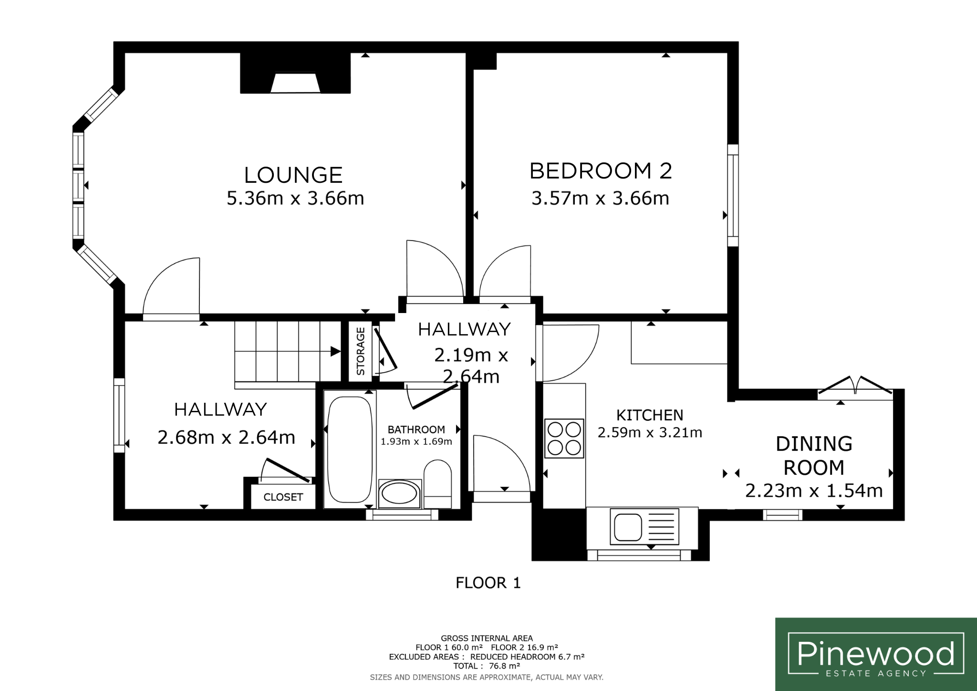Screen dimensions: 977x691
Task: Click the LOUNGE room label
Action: click(x=293, y=175)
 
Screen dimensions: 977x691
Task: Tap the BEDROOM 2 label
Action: click(x=601, y=171)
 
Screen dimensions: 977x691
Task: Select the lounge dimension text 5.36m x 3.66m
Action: click(x=295, y=198)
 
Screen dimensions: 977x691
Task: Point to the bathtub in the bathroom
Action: click(x=350, y=449)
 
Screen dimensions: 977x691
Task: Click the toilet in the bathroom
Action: click(x=437, y=483)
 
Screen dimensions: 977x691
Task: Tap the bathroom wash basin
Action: click(x=400, y=493)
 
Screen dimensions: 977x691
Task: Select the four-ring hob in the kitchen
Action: click(x=564, y=439)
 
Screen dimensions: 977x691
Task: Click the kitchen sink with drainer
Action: click(x=644, y=527)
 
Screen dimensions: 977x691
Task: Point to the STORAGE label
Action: click(x=361, y=351)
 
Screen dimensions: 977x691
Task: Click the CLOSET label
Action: click(x=283, y=497)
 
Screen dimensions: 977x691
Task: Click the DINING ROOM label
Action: click(x=814, y=456)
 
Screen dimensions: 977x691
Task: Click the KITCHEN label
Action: click(x=650, y=415)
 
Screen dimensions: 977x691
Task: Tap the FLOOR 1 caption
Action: click(x=488, y=583)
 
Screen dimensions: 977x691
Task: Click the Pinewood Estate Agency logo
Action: click(x=876, y=654)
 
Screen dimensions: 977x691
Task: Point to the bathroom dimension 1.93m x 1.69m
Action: click(x=416, y=442)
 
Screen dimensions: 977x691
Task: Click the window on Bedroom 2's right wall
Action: click(x=733, y=195)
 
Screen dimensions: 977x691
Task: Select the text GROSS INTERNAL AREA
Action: click(x=487, y=638)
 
